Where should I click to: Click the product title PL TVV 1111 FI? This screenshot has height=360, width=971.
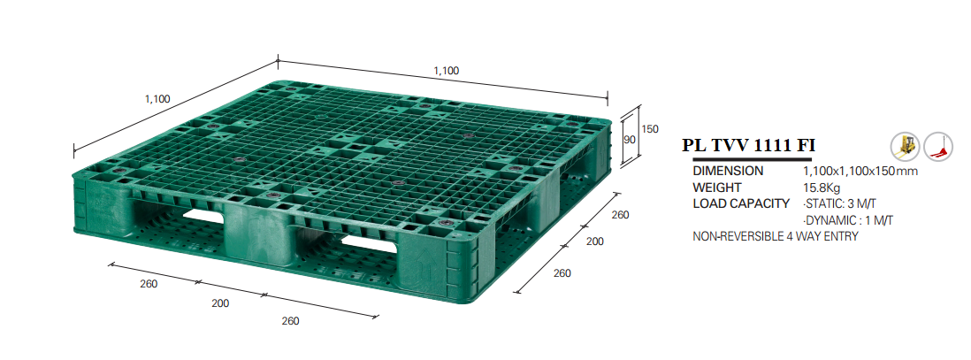tap(748, 146)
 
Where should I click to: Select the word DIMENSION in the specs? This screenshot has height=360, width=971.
tap(728, 171)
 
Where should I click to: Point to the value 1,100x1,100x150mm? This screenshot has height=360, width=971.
tap(860, 171)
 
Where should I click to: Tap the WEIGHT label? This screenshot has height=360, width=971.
tap(717, 188)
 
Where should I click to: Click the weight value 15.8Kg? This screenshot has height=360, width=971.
tap(822, 188)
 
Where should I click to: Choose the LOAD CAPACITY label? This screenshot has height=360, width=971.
tap(741, 203)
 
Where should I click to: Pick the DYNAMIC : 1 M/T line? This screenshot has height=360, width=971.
tap(848, 220)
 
